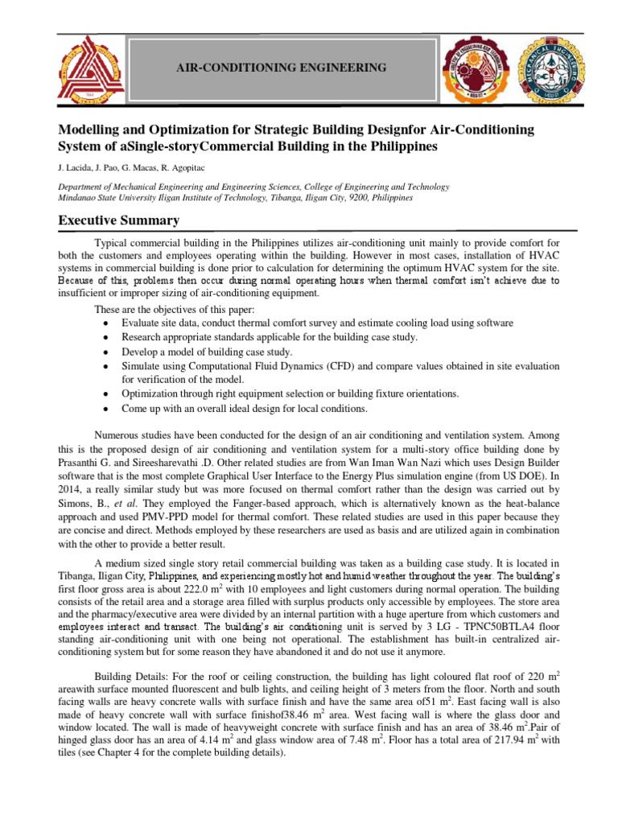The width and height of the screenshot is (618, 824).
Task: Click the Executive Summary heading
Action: pyautogui.click(x=117, y=220)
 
